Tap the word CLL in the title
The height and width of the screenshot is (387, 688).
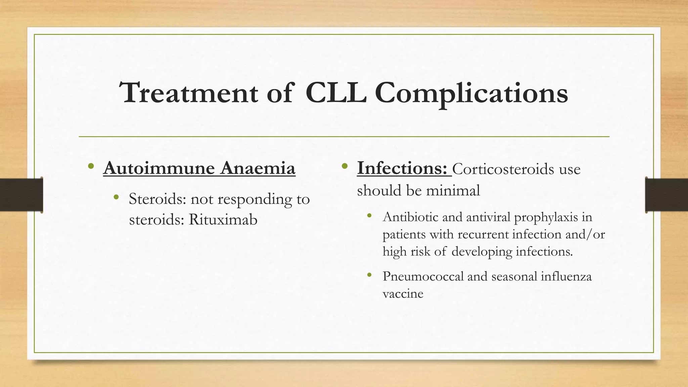pos(336,93)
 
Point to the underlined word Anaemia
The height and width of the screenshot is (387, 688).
pos(258,168)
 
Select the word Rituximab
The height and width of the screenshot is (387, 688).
pos(223,220)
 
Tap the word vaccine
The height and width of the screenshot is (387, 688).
pos(403,294)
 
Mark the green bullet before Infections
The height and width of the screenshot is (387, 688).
pos(344,166)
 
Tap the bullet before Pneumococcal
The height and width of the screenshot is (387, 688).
pos(370,275)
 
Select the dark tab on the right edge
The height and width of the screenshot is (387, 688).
pos(666,195)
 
